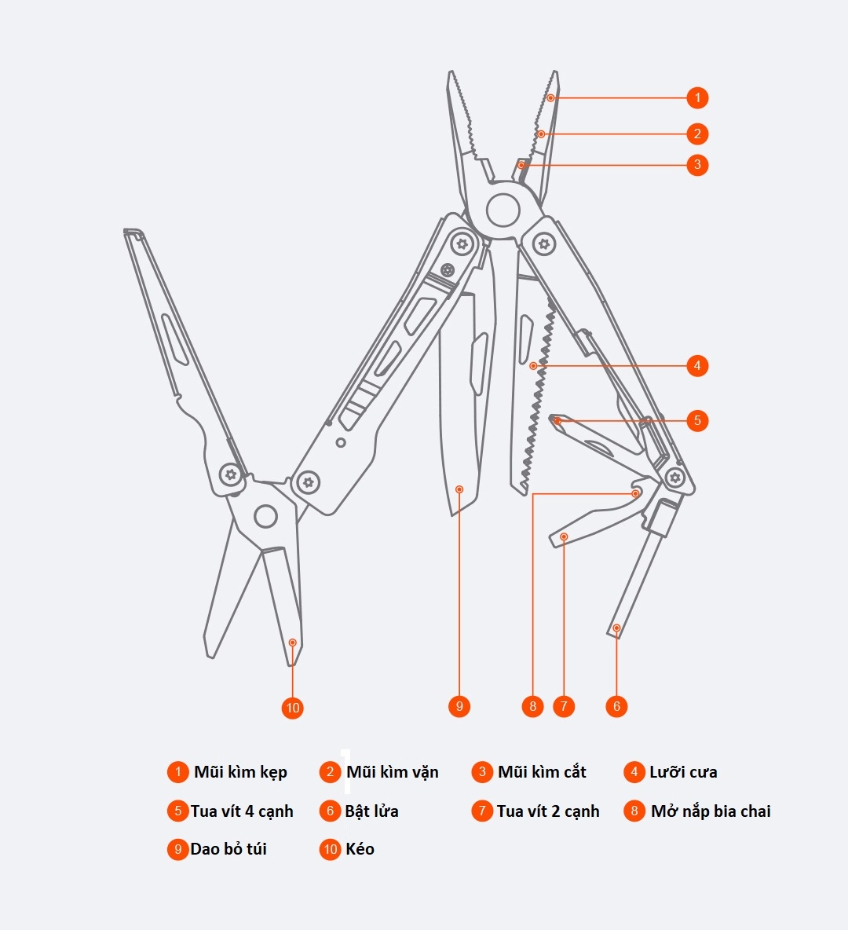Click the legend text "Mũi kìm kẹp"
[x=240, y=772]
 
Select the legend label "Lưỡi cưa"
[x=683, y=772]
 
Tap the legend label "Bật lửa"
[x=371, y=811]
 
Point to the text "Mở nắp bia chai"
[x=711, y=811]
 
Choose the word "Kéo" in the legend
[x=360, y=849]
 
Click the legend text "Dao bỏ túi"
[x=228, y=849]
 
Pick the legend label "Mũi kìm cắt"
[x=542, y=772]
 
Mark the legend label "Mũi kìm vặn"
[x=392, y=772]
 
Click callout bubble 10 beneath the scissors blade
[x=292, y=708]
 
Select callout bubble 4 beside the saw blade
[x=697, y=365]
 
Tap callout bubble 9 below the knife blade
[x=459, y=706]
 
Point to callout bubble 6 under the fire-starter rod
[x=616, y=706]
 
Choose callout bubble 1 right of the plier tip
[x=697, y=98]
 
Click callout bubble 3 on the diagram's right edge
[x=697, y=165]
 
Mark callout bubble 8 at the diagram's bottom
[x=532, y=706]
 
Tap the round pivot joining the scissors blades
[x=265, y=516]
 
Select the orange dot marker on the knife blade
[x=459, y=489]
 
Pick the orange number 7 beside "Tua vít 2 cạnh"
[x=482, y=811]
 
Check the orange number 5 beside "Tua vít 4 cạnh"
[x=177, y=811]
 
